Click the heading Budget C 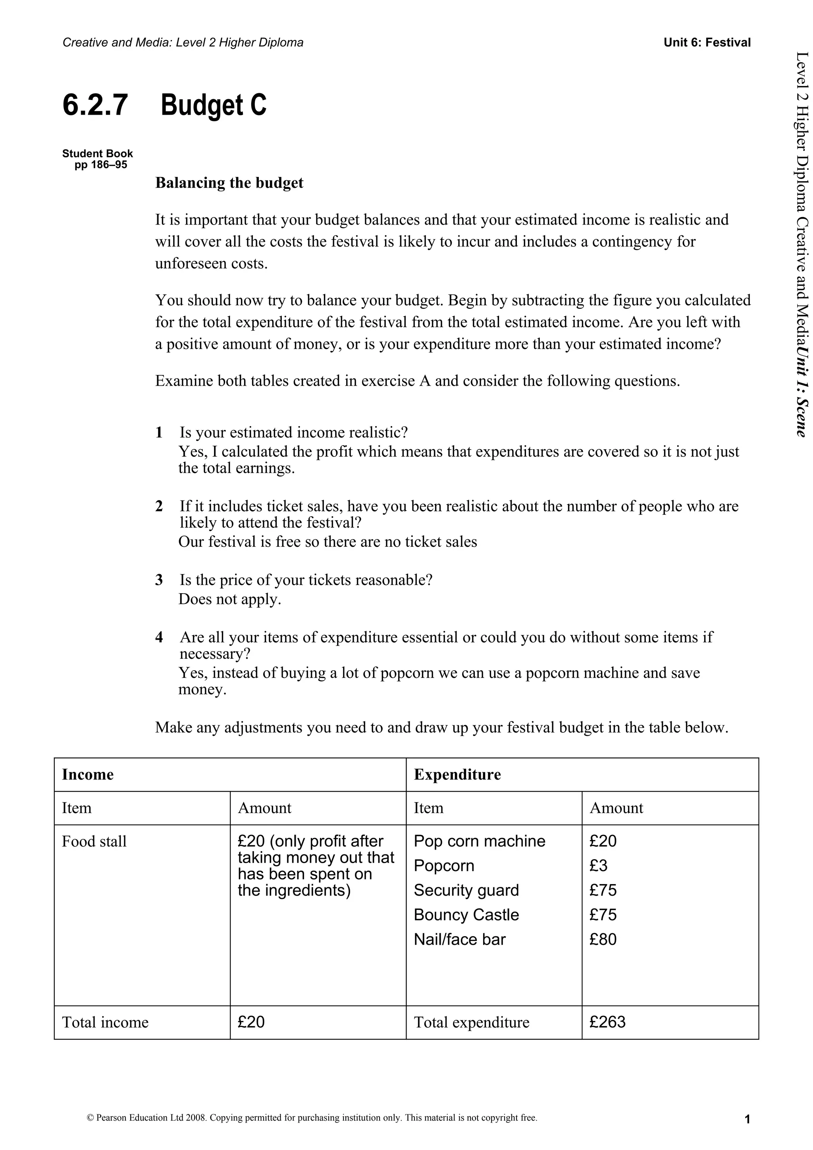[x=214, y=106]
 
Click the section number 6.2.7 [x=95, y=106]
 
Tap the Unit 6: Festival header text [x=707, y=42]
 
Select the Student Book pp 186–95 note [x=98, y=159]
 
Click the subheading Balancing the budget [x=229, y=183]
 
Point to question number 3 [x=159, y=580]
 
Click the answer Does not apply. [x=229, y=599]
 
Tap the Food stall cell [x=94, y=841]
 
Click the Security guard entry [x=466, y=890]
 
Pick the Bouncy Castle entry [x=466, y=915]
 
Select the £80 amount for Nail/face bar [x=603, y=939]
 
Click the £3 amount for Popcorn [x=598, y=865]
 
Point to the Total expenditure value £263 [x=607, y=1022]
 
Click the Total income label [x=105, y=1022]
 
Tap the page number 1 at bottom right [x=747, y=1119]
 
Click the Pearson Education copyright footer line [x=312, y=1117]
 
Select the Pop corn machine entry [x=479, y=841]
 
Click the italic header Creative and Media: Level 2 [x=183, y=42]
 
